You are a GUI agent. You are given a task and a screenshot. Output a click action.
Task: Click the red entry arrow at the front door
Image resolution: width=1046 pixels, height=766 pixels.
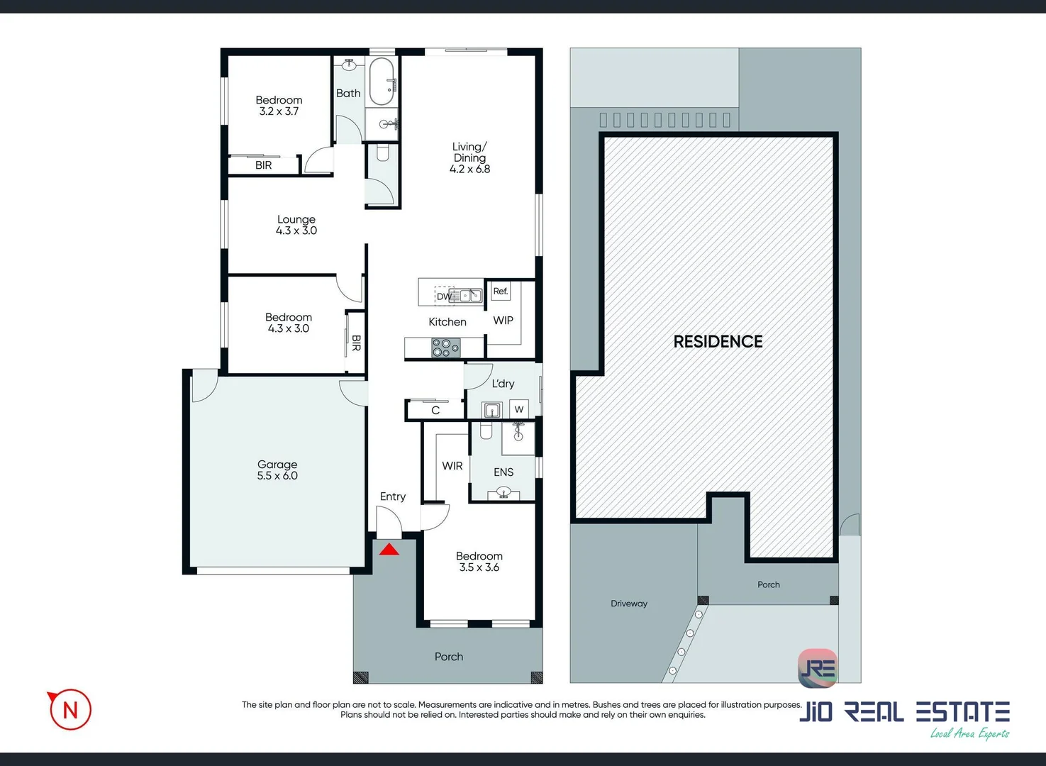(389, 549)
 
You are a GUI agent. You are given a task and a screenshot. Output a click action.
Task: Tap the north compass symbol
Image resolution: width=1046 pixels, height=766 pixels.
(69, 709)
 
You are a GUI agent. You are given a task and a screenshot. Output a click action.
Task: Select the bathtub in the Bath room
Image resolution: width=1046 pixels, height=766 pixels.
(382, 81)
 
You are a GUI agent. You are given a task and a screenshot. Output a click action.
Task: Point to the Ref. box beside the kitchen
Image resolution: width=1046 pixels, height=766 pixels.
(501, 292)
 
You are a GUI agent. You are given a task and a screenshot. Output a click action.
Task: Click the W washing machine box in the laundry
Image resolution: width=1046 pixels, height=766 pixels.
(519, 409)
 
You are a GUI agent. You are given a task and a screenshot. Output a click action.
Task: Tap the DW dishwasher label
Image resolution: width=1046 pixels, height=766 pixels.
(443, 296)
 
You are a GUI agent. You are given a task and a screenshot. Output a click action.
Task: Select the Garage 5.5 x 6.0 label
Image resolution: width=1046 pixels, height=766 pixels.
(277, 470)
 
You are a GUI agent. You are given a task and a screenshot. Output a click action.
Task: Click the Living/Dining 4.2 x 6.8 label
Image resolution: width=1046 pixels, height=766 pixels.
(469, 158)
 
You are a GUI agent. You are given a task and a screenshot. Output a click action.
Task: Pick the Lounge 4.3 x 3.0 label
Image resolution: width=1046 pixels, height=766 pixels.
(296, 225)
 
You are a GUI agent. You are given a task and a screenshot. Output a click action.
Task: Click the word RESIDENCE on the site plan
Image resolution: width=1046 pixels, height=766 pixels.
(718, 342)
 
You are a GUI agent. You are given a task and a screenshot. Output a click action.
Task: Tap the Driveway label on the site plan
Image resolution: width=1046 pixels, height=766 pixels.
(629, 604)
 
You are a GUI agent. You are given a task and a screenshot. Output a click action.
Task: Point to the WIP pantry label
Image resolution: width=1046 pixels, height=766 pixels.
(503, 321)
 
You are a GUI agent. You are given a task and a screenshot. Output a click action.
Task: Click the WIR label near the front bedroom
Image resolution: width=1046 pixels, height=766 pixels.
(452, 466)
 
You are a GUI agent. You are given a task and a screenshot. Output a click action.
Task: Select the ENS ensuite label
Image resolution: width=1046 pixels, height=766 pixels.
(503, 472)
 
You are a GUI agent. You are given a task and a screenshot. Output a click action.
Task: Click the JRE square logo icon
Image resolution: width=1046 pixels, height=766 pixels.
(818, 668)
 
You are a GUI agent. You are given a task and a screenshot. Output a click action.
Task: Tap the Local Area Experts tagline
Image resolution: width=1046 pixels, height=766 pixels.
(969, 734)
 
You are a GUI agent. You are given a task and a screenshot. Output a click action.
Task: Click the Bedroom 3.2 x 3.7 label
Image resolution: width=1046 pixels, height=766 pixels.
(279, 106)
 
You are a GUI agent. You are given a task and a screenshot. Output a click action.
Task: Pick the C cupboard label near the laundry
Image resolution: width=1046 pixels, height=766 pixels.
(435, 411)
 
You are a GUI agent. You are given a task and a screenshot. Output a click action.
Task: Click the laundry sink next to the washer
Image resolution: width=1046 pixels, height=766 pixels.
(492, 410)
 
